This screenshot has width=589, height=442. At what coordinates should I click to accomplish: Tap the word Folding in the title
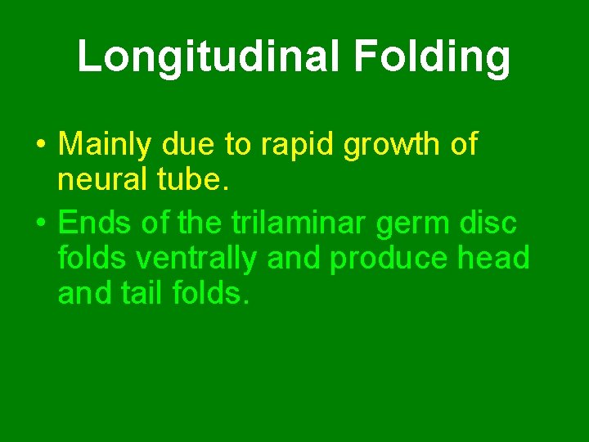(433, 56)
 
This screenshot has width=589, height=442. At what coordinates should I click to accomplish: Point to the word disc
(489, 221)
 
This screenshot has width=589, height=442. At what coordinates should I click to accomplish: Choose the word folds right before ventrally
(92, 258)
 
